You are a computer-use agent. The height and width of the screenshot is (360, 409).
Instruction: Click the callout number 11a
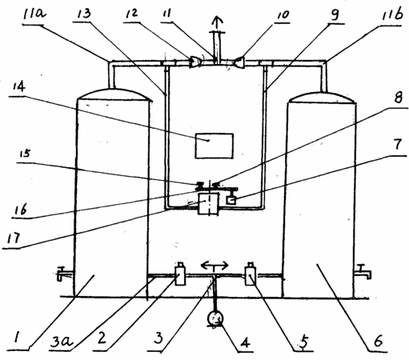34,14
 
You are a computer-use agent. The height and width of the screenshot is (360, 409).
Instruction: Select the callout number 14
18,86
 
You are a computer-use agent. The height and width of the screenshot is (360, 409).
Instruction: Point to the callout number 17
14,238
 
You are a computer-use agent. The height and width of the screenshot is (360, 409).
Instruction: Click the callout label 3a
62,341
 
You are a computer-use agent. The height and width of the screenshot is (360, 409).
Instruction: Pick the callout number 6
379,340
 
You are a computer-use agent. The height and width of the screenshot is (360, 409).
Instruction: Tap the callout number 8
398,98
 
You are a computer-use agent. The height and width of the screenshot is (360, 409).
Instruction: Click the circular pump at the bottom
215,318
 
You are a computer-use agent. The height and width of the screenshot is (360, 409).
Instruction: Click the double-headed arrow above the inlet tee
215,266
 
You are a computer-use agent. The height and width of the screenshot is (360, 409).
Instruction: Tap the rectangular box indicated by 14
215,146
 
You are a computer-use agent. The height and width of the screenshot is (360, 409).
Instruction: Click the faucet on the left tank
64,273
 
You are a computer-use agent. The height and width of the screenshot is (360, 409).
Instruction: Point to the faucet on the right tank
363,271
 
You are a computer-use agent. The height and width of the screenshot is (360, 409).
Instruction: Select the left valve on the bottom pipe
180,274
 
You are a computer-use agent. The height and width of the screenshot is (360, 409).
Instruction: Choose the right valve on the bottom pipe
251,274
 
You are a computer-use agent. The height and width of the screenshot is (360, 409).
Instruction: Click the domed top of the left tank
114,94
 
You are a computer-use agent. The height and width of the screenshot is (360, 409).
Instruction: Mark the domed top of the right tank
322,98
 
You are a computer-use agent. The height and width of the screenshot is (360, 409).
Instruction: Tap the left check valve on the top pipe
195,62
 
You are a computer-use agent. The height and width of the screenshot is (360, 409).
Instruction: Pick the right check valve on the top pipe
239,62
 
